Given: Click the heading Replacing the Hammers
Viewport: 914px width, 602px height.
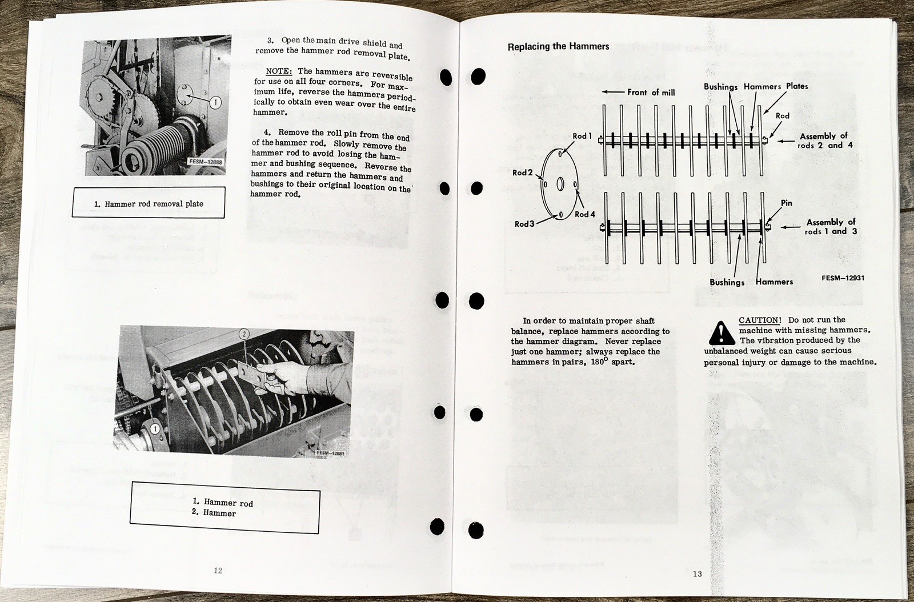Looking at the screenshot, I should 558,47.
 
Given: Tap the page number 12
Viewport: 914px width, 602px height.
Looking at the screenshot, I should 218,570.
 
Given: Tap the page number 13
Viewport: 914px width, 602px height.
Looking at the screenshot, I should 697,573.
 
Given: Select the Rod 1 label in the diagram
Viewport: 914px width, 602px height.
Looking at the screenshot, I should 582,136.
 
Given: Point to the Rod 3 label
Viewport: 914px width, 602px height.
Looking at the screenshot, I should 523,224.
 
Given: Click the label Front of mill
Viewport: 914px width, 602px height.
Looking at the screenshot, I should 650,92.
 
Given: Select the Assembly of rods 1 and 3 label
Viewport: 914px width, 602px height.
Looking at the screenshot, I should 831,227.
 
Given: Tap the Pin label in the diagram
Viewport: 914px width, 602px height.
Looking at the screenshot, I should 787,203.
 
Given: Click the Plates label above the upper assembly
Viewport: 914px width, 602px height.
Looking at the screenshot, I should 797,86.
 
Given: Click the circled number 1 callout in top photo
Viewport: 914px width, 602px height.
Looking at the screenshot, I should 215,103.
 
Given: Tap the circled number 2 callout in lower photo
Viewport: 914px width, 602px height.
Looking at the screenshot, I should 243,334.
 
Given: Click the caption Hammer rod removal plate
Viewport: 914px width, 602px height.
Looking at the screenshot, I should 148,204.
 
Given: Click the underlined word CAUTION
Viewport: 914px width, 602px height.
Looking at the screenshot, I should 759,320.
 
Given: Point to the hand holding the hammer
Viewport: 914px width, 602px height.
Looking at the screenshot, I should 286,380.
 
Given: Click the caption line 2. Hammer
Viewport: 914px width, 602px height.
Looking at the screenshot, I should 214,513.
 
